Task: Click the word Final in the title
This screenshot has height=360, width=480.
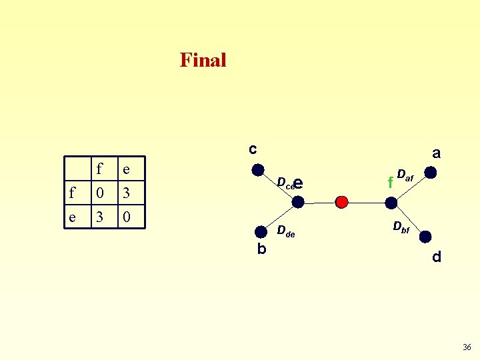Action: tap(203, 61)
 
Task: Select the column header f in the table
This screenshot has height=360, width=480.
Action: tap(99, 170)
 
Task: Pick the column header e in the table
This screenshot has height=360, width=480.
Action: tap(126, 170)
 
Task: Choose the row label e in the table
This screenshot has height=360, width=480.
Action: tap(72, 217)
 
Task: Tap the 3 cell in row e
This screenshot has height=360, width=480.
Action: tap(99, 217)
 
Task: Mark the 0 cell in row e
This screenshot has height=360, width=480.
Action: tap(126, 217)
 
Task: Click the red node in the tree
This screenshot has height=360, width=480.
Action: tap(341, 201)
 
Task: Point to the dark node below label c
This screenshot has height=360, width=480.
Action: tap(257, 170)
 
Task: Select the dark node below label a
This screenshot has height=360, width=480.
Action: tap(431, 173)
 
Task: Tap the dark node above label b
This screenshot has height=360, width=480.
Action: tap(260, 231)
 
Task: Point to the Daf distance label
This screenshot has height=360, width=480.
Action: tap(405, 175)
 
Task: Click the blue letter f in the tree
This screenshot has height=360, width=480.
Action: tap(390, 181)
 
